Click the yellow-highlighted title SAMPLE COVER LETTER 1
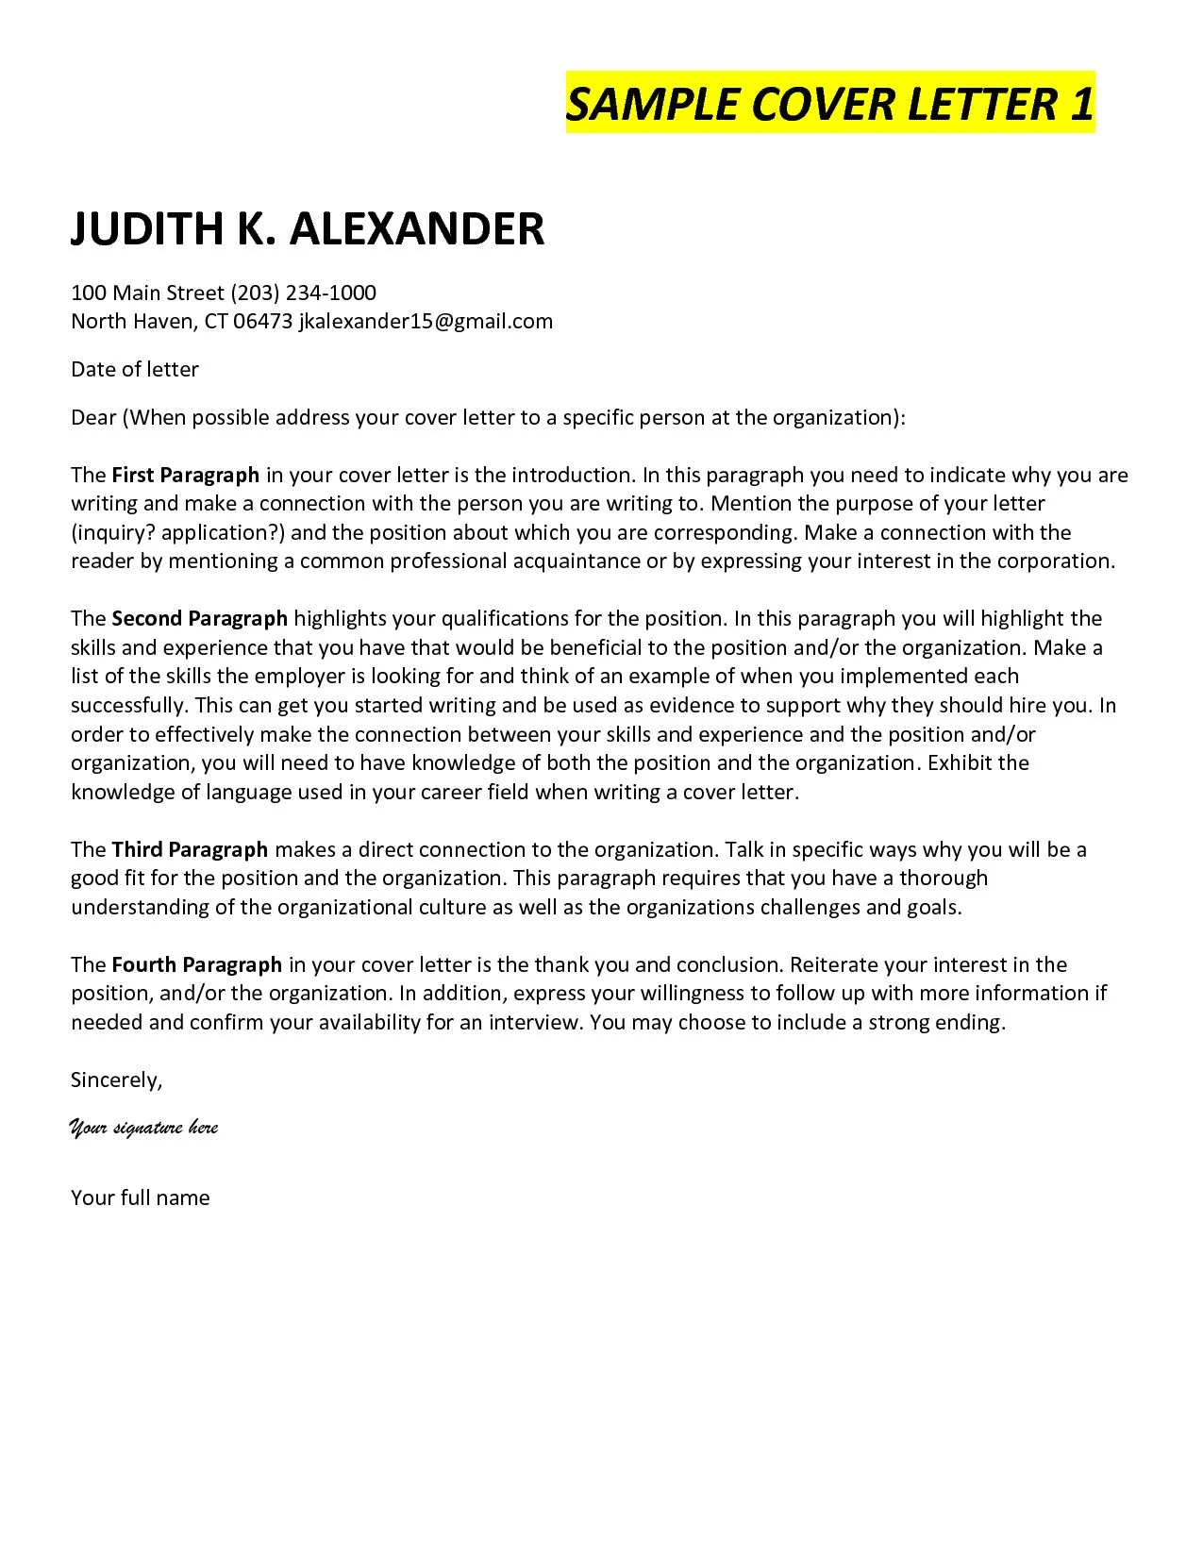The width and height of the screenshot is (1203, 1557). tap(829, 103)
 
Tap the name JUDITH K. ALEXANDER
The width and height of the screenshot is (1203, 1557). tap(308, 229)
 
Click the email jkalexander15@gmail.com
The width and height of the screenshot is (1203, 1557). tap(426, 322)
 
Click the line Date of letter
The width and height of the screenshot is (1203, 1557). tap(135, 369)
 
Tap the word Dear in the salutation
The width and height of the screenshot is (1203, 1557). tap(93, 417)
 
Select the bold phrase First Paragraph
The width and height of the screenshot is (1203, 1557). tap(185, 475)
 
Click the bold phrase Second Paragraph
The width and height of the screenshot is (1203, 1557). tap(199, 619)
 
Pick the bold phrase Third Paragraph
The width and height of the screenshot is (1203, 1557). tap(190, 849)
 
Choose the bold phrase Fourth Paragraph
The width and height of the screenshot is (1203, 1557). tap(196, 964)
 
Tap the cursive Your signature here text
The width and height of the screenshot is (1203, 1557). tap(143, 1128)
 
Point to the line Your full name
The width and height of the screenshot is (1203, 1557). tap(140, 1197)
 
